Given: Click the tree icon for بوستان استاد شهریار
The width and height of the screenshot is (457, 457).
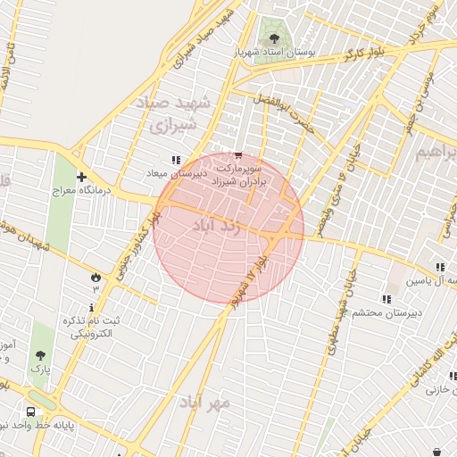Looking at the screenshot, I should pos(274,39).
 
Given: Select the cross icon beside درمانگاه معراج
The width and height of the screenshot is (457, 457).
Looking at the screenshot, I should pos(81,177).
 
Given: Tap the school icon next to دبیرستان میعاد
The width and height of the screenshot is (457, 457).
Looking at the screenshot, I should pos(212,160).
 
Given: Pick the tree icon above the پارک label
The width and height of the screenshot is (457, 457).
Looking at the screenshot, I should pos(40,353).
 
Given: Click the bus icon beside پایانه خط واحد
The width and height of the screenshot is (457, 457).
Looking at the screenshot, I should pos(30,413).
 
